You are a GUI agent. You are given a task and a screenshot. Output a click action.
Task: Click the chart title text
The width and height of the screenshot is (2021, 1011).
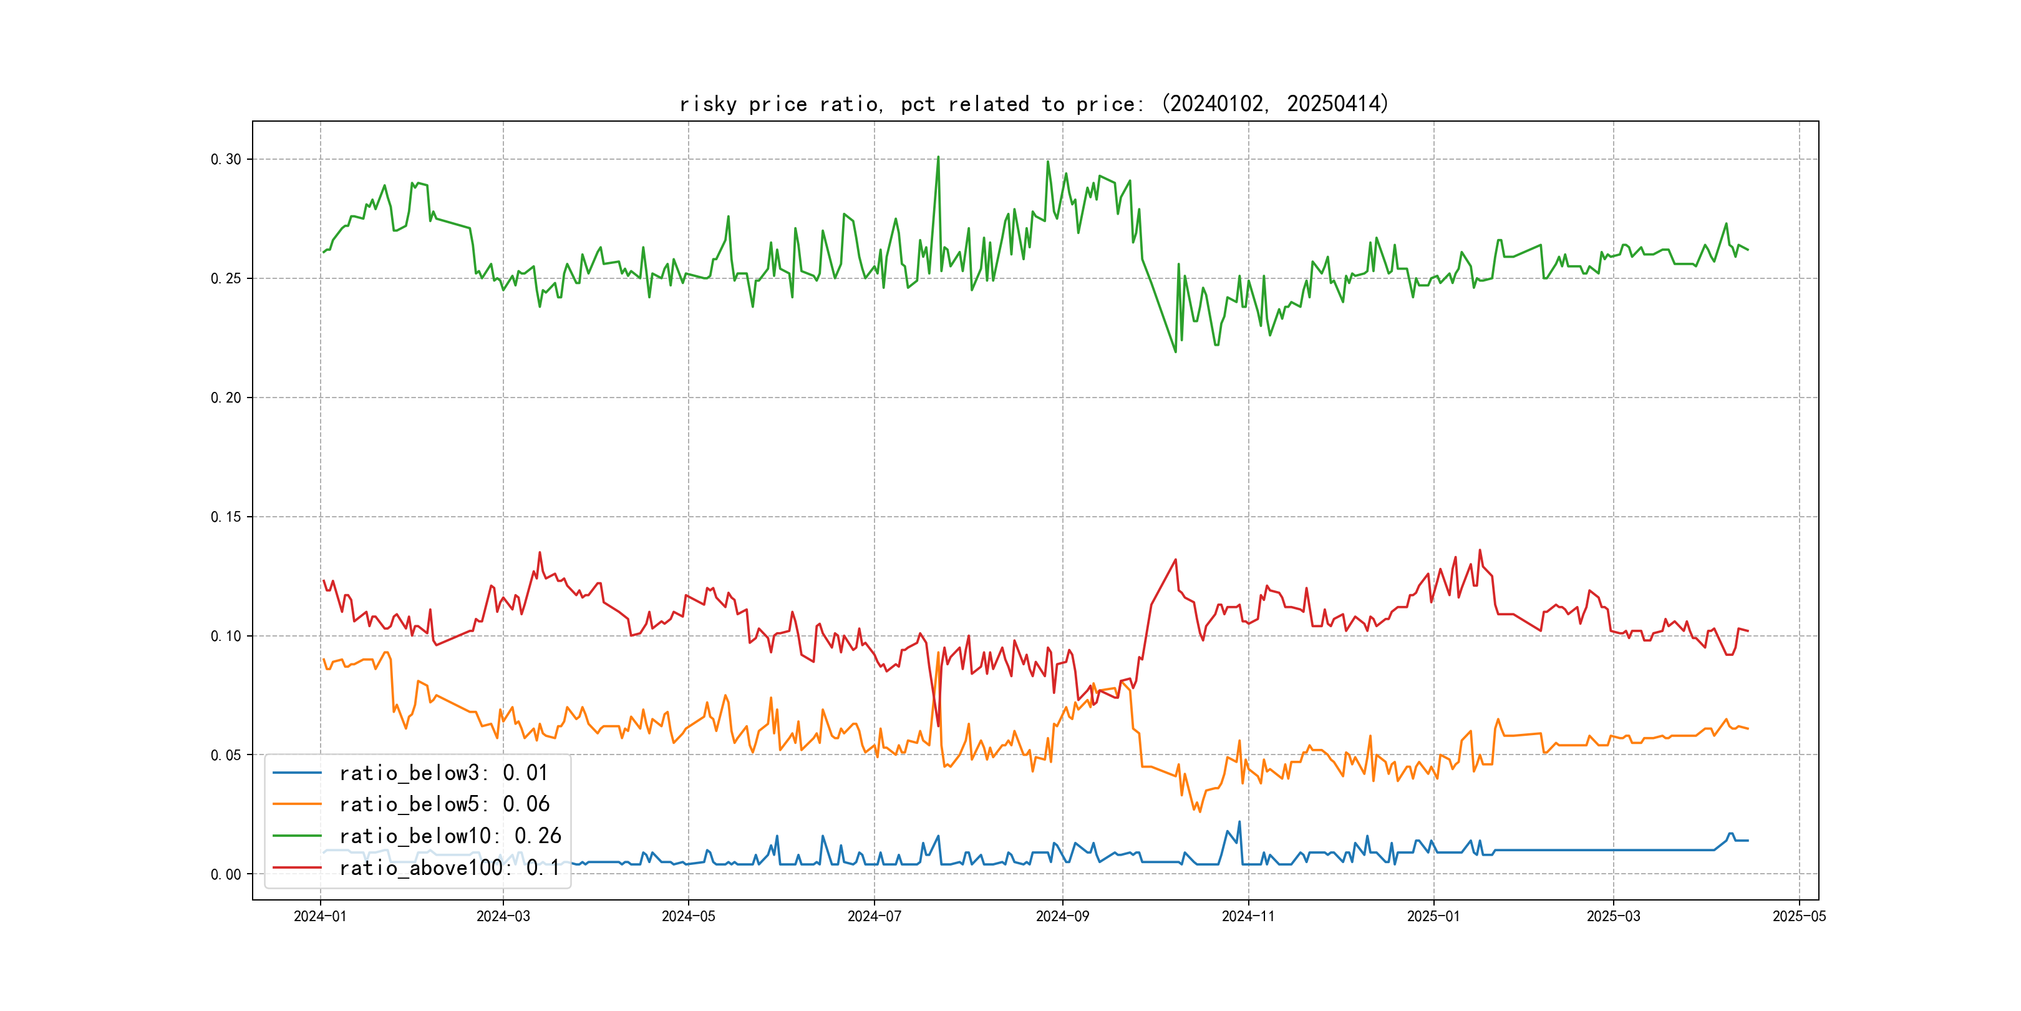click(x=1033, y=104)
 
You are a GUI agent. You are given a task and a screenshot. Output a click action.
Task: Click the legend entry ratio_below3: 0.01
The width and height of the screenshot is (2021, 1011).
click(x=443, y=773)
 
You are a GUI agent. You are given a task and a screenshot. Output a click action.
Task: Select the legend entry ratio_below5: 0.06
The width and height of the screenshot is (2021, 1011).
click(x=444, y=804)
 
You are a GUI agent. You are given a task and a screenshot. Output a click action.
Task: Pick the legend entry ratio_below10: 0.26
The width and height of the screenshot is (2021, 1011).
click(x=450, y=836)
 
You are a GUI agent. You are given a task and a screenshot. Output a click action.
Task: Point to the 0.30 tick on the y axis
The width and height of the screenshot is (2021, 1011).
click(x=226, y=159)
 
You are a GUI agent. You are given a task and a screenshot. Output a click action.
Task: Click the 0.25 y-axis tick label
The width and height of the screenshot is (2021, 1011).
click(x=226, y=279)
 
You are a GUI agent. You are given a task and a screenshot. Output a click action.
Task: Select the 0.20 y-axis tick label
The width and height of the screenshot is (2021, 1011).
click(x=226, y=398)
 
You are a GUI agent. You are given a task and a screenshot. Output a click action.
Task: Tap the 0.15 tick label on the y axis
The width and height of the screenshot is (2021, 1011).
click(x=226, y=517)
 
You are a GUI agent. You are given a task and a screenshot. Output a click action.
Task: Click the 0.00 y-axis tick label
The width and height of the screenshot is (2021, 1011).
click(x=226, y=874)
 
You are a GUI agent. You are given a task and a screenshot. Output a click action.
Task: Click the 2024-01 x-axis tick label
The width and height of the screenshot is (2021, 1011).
click(x=320, y=917)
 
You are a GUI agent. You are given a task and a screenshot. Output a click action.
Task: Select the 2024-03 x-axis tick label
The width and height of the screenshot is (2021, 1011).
click(x=503, y=917)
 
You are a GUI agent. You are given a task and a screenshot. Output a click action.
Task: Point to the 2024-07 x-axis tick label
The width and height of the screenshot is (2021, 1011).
click(x=874, y=917)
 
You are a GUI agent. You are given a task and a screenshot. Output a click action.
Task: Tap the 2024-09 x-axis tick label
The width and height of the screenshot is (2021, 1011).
click(x=1062, y=917)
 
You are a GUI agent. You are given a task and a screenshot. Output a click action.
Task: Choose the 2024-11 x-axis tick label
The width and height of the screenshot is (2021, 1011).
click(x=1248, y=917)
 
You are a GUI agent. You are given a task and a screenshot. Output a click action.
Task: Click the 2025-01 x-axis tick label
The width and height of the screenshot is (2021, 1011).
click(x=1433, y=917)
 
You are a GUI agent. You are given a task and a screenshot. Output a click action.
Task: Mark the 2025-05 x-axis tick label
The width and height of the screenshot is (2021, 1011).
click(x=1799, y=917)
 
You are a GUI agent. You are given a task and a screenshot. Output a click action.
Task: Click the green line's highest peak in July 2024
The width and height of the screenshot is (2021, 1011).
click(x=938, y=157)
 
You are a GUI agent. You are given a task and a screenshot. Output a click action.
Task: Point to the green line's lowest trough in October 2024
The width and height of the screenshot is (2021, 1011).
click(x=1175, y=351)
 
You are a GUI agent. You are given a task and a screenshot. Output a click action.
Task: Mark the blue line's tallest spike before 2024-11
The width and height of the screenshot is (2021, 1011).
click(x=1239, y=822)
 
